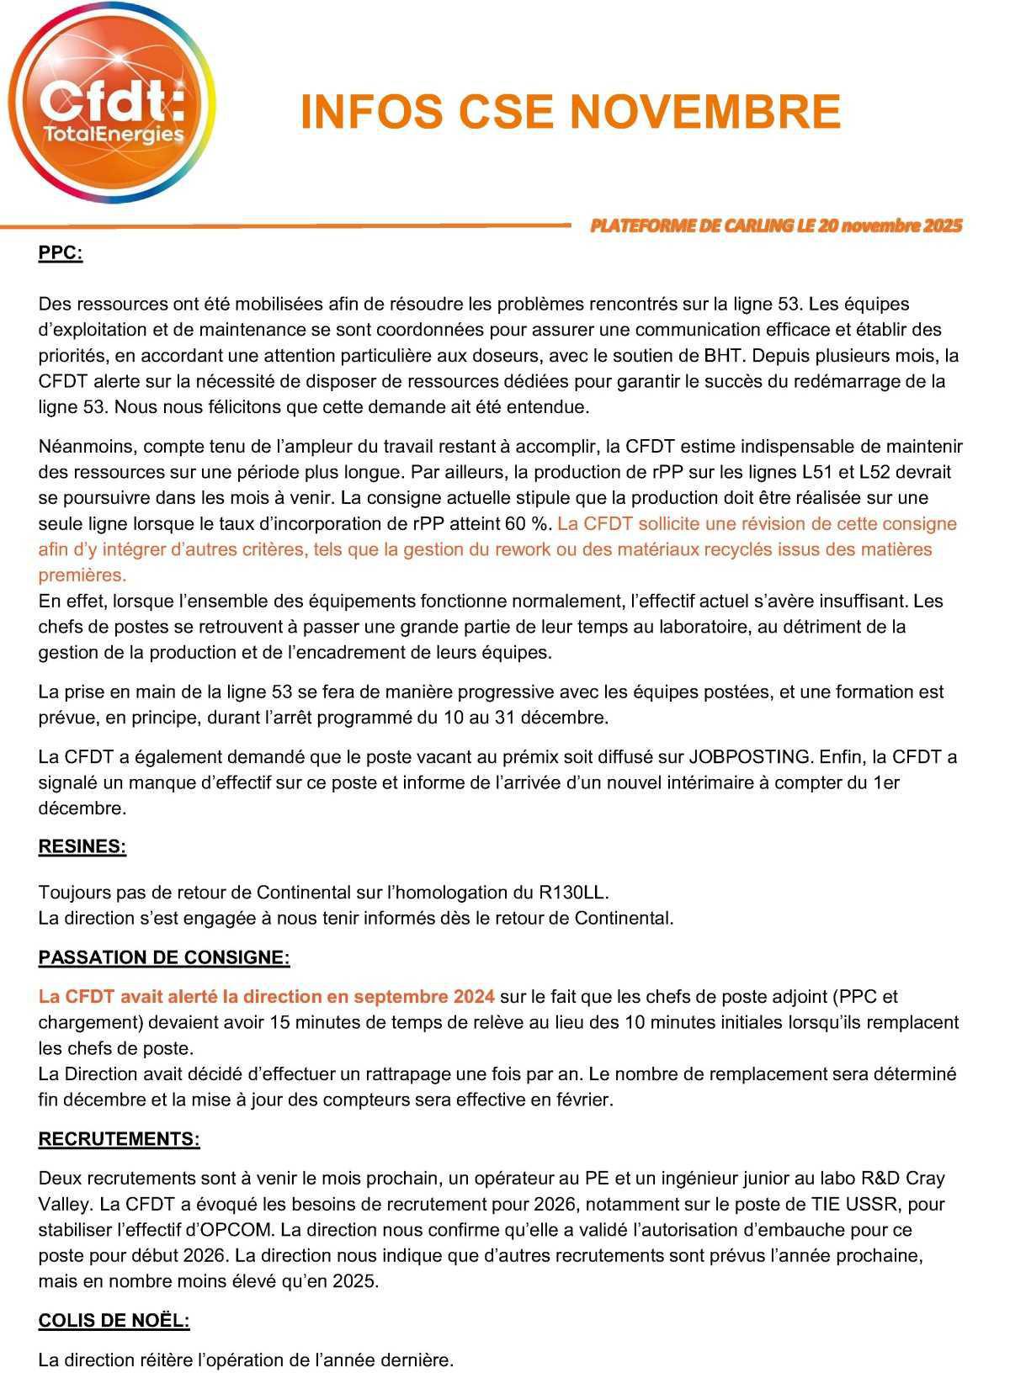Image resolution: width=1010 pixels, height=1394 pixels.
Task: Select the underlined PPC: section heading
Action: click(61, 252)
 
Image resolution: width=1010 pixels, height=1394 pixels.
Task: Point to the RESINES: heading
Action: click(82, 846)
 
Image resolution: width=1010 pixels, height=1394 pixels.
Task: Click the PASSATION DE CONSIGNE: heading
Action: click(164, 957)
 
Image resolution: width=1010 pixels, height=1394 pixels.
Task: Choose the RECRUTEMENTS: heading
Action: click(120, 1139)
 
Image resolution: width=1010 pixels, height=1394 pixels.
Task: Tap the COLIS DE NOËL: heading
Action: click(114, 1321)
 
